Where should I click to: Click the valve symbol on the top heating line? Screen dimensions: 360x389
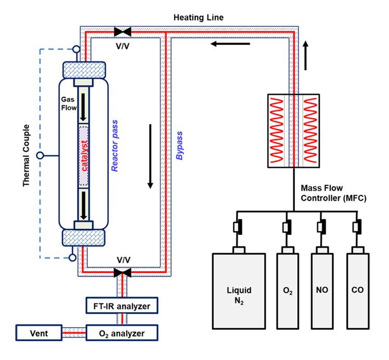pyautogui.click(x=122, y=31)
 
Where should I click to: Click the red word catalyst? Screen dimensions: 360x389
pyautogui.click(x=84, y=156)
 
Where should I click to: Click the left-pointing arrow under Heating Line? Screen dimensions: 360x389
pyautogui.click(x=230, y=44)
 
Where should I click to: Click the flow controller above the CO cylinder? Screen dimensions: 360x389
pyautogui.click(x=358, y=226)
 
